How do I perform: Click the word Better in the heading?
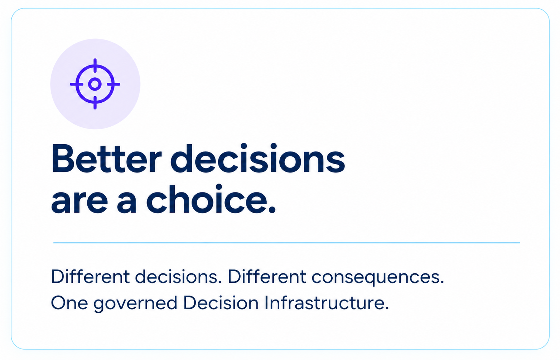(106, 159)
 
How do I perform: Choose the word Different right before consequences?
(267, 276)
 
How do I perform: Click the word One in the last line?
(69, 303)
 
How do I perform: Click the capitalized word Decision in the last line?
(221, 302)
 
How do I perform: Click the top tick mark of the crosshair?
(95, 65)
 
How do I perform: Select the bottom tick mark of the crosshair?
(95, 103)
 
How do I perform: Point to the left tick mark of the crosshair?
(77, 84)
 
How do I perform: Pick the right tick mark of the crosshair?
(114, 84)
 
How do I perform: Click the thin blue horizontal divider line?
(286, 243)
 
